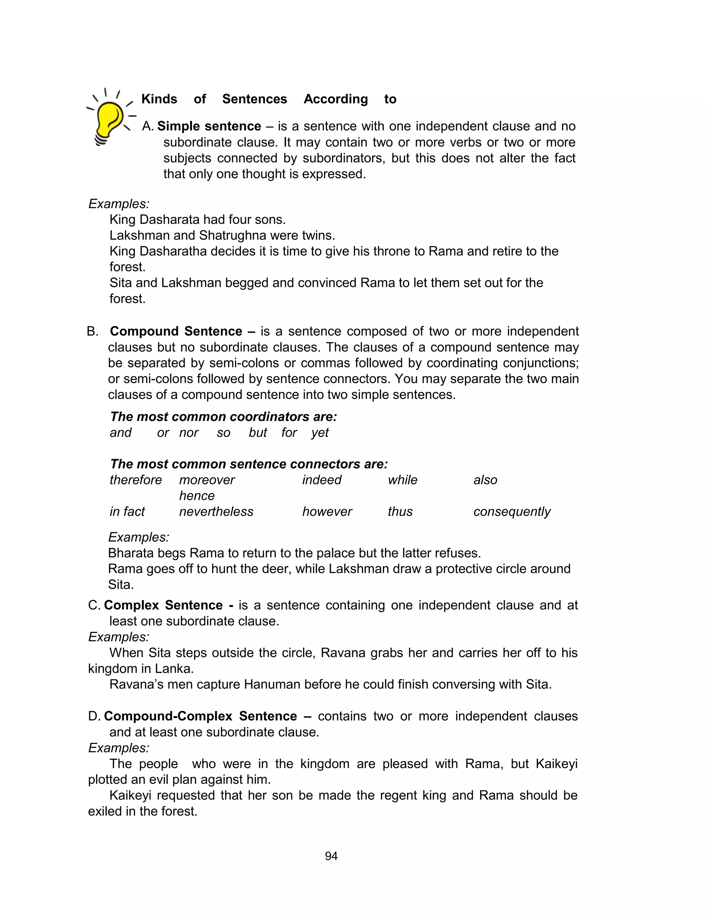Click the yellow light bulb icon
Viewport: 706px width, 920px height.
pyautogui.click(x=109, y=119)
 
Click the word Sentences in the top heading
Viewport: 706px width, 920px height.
pyautogui.click(x=254, y=99)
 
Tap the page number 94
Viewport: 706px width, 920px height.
pyautogui.click(x=331, y=856)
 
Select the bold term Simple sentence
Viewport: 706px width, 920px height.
pyautogui.click(x=209, y=126)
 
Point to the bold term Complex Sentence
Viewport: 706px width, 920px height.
pyautogui.click(x=163, y=605)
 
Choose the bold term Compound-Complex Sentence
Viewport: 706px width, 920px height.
pyautogui.click(x=200, y=716)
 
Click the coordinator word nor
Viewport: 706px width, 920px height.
pyautogui.click(x=189, y=432)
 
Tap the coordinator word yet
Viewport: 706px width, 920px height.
pyautogui.click(x=320, y=432)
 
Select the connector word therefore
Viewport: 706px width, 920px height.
pyautogui.click(x=135, y=480)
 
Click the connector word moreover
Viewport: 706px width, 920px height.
pyautogui.click(x=207, y=480)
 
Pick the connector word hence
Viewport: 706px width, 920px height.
pyautogui.click(x=197, y=496)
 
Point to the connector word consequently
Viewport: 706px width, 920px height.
pyautogui.click(x=512, y=512)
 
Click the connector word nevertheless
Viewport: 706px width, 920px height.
pyautogui.click(x=216, y=512)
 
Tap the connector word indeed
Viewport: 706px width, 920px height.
pyautogui.click(x=322, y=480)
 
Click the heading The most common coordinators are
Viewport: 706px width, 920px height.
pyautogui.click(x=223, y=417)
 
